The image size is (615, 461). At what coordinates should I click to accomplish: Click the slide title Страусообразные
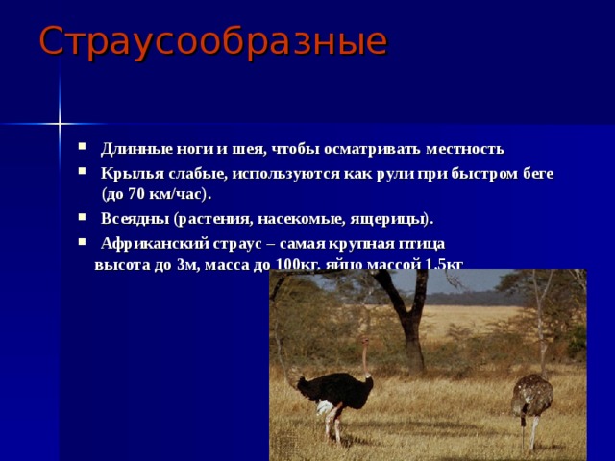coord(212,40)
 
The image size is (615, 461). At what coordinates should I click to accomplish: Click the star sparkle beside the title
coord(59,123)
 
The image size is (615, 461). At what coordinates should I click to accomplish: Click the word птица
coord(419,243)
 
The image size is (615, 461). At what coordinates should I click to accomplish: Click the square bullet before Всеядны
coord(85,217)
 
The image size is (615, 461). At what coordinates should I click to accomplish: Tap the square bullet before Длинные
coord(85,149)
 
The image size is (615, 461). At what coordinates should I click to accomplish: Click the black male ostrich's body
coord(335,388)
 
